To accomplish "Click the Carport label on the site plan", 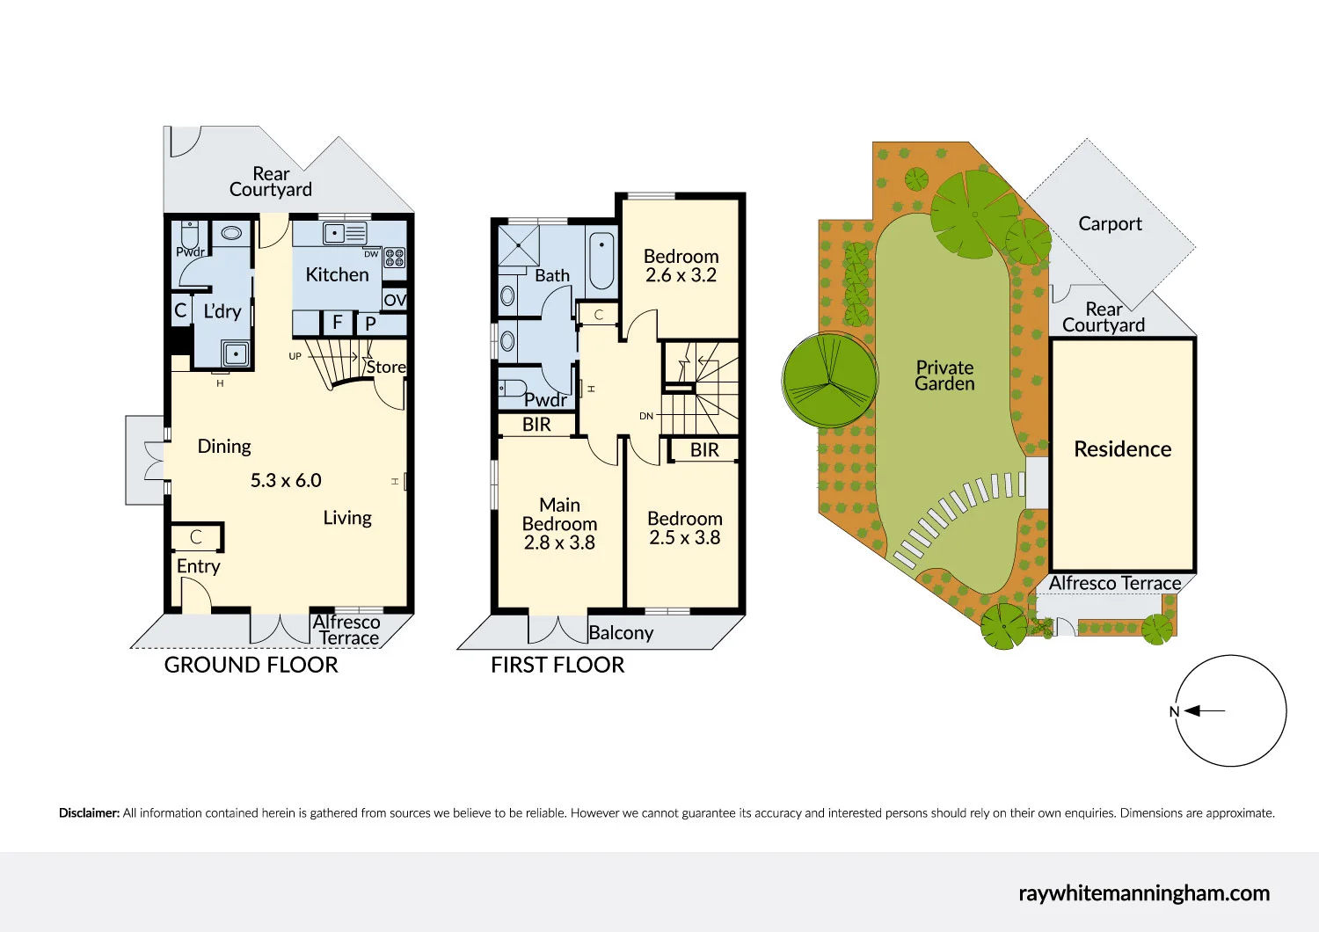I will pyautogui.click(x=1110, y=224).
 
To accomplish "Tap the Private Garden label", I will pyautogui.click(x=944, y=375).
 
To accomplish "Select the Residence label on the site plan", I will pyautogui.click(x=1122, y=449).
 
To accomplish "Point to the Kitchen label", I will pyautogui.click(x=337, y=275).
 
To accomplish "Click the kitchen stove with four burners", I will pyautogui.click(x=395, y=258).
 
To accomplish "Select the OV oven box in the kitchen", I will pyautogui.click(x=395, y=300).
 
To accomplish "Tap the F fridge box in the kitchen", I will pyautogui.click(x=337, y=323).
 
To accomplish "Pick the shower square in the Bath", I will pyautogui.click(x=519, y=246).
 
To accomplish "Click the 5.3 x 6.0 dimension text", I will pyautogui.click(x=286, y=481).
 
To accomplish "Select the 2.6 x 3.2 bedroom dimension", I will pyautogui.click(x=681, y=276).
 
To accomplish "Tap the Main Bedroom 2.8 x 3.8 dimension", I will pyautogui.click(x=559, y=543).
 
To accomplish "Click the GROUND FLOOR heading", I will pyautogui.click(x=251, y=666).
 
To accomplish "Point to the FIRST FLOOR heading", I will pyautogui.click(x=557, y=666).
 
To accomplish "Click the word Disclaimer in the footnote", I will pyautogui.click(x=89, y=813).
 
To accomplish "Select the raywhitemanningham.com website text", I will pyautogui.click(x=1144, y=893).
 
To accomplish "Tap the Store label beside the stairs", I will pyautogui.click(x=386, y=368).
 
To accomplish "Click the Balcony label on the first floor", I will pyautogui.click(x=621, y=633).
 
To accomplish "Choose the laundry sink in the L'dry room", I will pyautogui.click(x=235, y=354).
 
